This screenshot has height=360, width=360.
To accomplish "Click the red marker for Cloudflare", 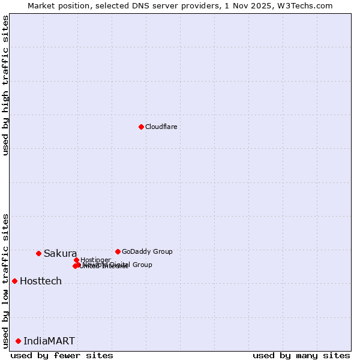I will [141, 127].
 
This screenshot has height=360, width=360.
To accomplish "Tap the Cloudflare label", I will [161, 127].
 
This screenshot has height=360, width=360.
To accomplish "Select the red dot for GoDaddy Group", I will [118, 251].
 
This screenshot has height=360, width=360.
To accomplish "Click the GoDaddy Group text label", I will [147, 251].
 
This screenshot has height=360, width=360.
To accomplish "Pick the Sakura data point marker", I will [38, 253].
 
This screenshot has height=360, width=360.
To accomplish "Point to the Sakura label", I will [60, 253].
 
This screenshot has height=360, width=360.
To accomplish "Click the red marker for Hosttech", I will [14, 281].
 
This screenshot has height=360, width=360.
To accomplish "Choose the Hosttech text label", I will [41, 281].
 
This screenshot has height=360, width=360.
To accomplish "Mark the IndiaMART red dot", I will [18, 341].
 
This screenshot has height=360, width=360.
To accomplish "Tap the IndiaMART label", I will [49, 341].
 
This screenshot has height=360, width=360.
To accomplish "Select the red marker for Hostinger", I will [76, 260].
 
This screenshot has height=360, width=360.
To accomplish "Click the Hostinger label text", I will [95, 260].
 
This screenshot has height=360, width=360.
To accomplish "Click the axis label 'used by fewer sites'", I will [62, 355].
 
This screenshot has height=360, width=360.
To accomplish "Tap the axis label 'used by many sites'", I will [301, 355].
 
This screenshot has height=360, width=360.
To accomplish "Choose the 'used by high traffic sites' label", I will [5, 85].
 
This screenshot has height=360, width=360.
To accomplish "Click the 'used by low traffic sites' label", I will [5, 281].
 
